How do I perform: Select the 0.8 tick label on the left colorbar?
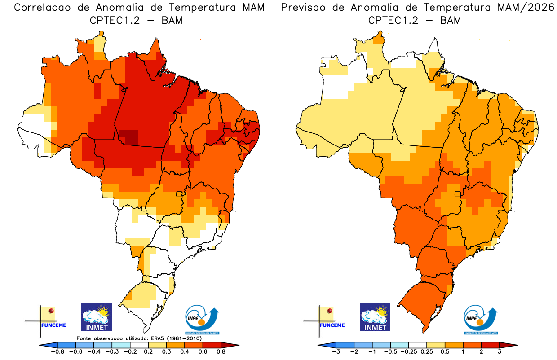(221, 352)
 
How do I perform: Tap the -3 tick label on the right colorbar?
(336, 352)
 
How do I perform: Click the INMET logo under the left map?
(96, 317)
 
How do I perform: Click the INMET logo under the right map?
(375, 317)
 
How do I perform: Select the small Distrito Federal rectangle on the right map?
(458, 194)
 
